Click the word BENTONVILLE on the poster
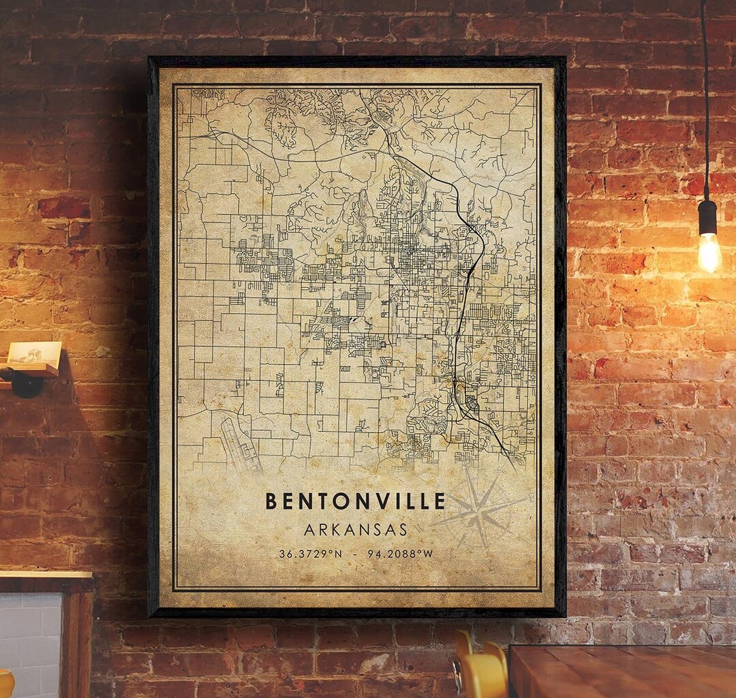point(355,502)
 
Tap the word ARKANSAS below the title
point(356,529)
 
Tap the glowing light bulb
point(709,253)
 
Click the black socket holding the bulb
point(708,217)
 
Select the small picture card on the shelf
point(33,353)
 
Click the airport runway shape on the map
point(240,443)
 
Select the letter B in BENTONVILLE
point(271,502)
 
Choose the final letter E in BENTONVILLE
point(439,502)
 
